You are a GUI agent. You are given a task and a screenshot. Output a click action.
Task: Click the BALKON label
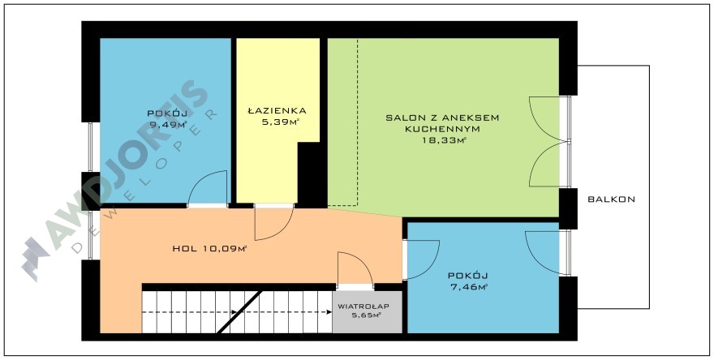pyautogui.click(x=611, y=199)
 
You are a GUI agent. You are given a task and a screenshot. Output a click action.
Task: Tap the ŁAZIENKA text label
pyautogui.click(x=277, y=110)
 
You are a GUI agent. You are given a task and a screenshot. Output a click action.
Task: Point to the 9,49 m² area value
pyautogui.click(x=168, y=125)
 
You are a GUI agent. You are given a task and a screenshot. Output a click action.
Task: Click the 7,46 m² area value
pyautogui.click(x=468, y=287)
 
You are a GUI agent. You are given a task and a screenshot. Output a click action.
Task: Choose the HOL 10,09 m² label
pyautogui.click(x=209, y=248)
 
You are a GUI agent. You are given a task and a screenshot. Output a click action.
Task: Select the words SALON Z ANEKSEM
pyautogui.click(x=443, y=118)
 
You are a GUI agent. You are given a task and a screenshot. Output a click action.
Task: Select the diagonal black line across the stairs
pyautogui.click(x=239, y=312)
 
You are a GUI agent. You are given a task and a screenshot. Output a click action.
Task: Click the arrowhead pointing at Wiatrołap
pyautogui.click(x=329, y=312)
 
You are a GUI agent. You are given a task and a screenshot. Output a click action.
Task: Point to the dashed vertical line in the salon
pyautogui.click(x=358, y=122)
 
